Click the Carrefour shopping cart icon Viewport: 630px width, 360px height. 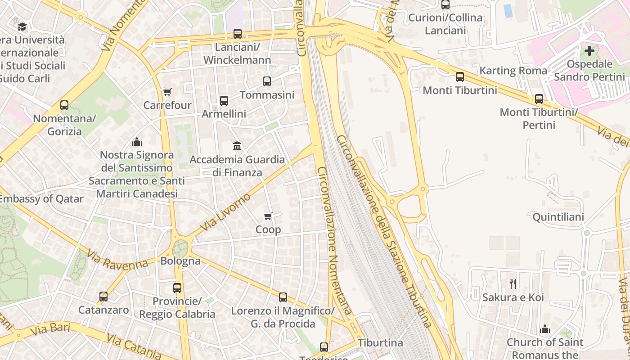167,92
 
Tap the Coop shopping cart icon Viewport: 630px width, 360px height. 268,216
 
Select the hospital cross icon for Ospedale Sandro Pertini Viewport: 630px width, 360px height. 589,51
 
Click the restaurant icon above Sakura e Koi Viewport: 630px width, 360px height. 513,283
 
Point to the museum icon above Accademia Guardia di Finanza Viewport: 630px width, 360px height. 237,146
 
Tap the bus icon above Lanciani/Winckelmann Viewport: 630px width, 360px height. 237,34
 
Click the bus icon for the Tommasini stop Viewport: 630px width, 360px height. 267,81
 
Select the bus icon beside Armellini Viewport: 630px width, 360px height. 224,101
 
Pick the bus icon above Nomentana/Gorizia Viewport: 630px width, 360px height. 64,106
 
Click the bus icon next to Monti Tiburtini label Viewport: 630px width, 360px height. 459,77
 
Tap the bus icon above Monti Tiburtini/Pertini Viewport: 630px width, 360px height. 539,99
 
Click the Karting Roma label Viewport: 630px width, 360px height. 513,71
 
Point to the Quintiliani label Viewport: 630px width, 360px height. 558,217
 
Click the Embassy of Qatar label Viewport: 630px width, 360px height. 41,199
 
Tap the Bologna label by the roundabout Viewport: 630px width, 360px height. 180,261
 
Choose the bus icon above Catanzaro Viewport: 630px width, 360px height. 103,297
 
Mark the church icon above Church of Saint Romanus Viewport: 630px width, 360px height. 545,329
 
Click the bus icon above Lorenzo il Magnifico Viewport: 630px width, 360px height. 283,297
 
